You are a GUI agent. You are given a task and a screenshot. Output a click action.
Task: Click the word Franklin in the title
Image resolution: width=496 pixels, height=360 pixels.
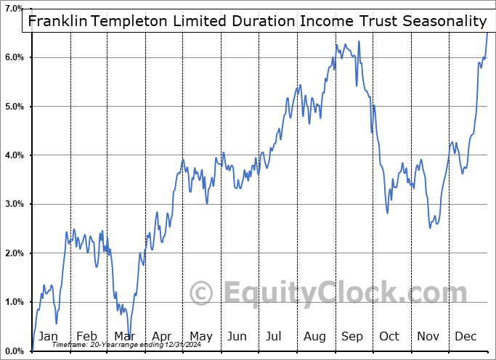click(x=57, y=21)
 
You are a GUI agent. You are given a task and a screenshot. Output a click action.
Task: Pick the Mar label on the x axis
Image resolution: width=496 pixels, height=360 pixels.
click(x=124, y=336)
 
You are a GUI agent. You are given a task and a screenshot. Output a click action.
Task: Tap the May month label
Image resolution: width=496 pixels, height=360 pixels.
click(x=200, y=336)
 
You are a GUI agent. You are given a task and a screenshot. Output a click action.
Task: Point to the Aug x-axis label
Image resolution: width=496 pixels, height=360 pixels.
click(x=315, y=336)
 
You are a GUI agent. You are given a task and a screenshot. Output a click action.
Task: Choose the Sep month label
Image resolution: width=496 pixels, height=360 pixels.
click(x=352, y=336)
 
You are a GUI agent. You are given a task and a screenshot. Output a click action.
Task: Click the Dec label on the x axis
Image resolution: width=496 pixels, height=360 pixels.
click(x=466, y=336)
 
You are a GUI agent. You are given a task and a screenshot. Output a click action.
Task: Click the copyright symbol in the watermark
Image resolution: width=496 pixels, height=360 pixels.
click(x=200, y=293)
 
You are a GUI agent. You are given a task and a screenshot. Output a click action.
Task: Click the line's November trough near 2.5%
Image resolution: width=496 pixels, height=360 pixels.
click(x=430, y=227)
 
